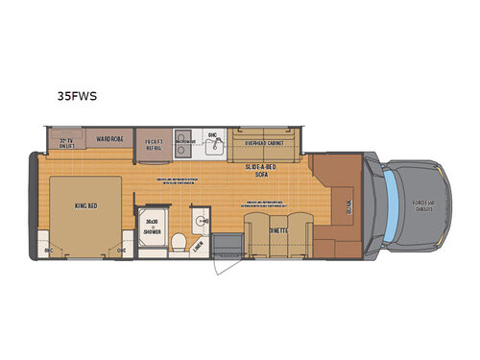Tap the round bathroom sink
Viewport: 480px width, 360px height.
[200, 219]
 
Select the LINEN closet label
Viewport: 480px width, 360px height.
[198, 243]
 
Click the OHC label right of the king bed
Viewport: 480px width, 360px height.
[122, 252]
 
